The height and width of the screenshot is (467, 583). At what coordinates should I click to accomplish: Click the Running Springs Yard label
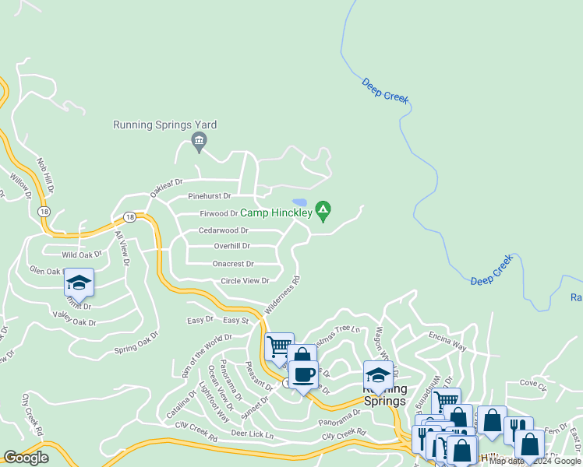(164, 125)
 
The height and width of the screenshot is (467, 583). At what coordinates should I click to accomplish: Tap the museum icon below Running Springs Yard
(198, 141)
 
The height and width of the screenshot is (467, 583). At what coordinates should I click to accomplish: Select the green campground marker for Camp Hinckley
(323, 210)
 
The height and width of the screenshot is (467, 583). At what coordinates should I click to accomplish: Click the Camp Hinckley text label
(276, 212)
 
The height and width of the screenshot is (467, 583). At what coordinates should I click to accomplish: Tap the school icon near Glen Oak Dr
(79, 282)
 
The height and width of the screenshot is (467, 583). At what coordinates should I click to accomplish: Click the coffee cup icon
(302, 375)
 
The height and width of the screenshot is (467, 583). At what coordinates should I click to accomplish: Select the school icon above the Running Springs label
(378, 374)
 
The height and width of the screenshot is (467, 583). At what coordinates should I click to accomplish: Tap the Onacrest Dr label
(233, 264)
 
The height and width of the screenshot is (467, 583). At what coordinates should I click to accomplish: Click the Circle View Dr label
(245, 281)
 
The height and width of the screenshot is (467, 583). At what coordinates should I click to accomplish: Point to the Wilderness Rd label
(282, 295)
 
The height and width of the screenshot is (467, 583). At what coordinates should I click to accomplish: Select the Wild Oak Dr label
(83, 255)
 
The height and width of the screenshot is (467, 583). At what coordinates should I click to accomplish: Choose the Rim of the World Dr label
(207, 356)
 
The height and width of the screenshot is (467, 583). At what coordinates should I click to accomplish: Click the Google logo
(26, 458)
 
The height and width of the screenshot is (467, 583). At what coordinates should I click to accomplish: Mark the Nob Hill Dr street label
(45, 175)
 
